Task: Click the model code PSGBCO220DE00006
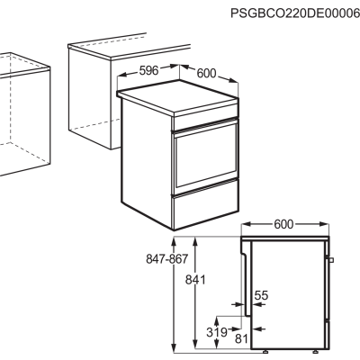(295, 13)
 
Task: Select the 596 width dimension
(148, 70)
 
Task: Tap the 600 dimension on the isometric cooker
(206, 73)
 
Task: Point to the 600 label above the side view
(283, 224)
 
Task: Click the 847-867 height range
(166, 258)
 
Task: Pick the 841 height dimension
(195, 280)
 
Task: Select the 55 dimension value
(261, 295)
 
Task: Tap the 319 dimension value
(217, 332)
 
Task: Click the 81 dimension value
(241, 339)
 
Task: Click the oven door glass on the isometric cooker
(206, 156)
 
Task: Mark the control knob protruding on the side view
(331, 260)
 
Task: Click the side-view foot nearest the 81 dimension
(265, 351)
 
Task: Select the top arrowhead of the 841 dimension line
(195, 240)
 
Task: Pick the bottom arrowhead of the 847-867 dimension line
(174, 347)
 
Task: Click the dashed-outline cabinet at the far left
(24, 114)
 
